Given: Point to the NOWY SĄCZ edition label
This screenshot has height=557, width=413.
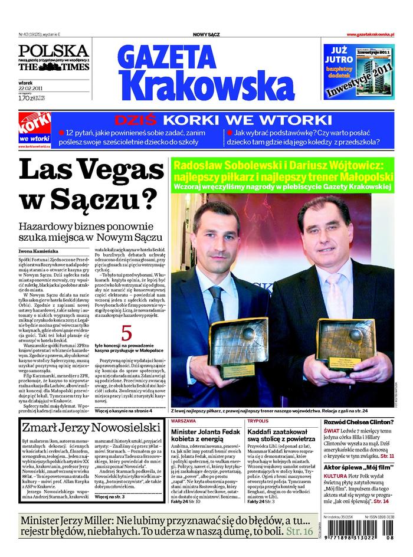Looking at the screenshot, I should (x=206, y=35).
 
